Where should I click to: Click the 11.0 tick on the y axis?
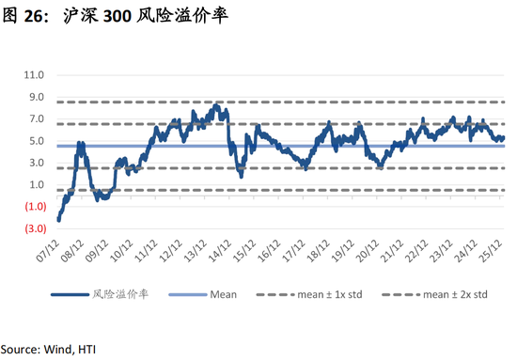pos(34,73)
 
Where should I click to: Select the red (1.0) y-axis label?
pos(34,207)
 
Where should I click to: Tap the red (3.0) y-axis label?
pos(34,228)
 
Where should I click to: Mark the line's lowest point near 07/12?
pos(58,221)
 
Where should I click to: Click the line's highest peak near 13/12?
pos(216,105)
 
